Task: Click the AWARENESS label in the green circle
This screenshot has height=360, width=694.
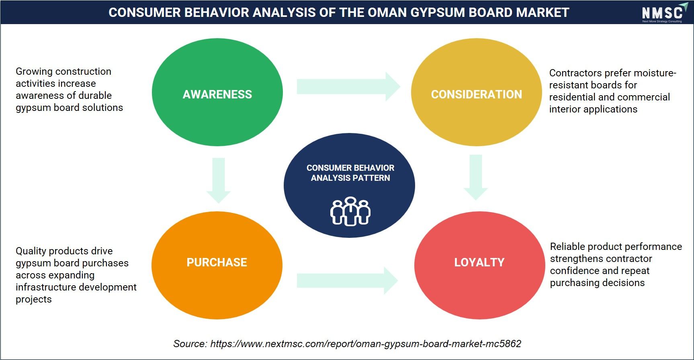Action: pos(217,94)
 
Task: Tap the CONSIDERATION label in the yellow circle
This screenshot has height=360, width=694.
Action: pos(477,94)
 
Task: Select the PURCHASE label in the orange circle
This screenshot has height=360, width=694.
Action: pos(217,262)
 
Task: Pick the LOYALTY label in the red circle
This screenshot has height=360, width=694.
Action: pos(479,262)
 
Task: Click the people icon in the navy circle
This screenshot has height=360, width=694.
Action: pos(350,211)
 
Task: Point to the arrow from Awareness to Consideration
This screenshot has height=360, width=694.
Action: pos(348,86)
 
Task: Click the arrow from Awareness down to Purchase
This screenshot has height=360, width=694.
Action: pos(219,180)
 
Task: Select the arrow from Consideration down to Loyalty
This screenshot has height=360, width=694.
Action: pos(476,177)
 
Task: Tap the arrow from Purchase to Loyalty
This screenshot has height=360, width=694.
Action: pos(348,280)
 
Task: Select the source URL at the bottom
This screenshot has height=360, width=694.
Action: pos(366,344)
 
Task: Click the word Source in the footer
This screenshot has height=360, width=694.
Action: pos(190,344)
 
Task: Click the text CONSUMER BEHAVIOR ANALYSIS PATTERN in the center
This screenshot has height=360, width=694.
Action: pos(350,173)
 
